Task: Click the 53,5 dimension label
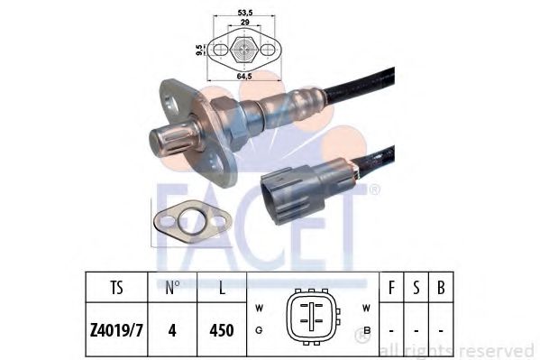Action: click(x=245, y=13)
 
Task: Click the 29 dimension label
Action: click(x=244, y=22)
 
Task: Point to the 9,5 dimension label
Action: click(x=199, y=50)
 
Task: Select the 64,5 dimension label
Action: click(x=244, y=76)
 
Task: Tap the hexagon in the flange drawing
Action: click(x=244, y=50)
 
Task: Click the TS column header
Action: click(x=116, y=287)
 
